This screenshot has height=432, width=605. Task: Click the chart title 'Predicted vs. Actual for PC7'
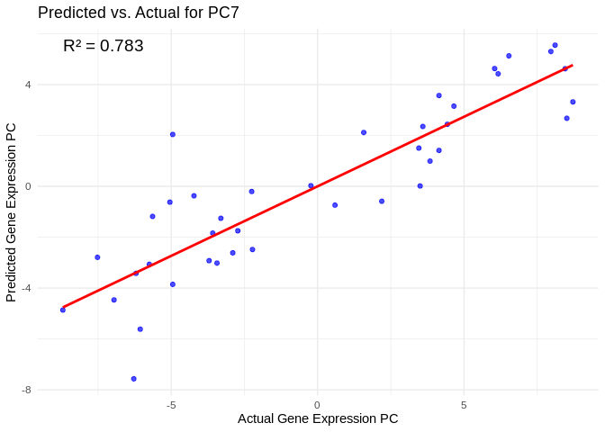pos(139,13)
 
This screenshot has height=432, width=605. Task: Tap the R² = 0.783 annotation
pos(104,46)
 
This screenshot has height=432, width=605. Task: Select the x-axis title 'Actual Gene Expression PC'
pos(318,418)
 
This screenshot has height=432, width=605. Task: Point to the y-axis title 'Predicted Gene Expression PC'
pos(12,212)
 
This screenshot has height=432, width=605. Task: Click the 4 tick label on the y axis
pos(28,85)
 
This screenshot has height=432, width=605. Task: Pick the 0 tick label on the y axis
pos(28,186)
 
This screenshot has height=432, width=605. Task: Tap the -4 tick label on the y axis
pos(26,288)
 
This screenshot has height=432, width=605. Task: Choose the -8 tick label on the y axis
pos(26,390)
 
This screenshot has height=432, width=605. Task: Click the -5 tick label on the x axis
pos(170,405)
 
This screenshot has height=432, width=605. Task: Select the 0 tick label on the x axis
pos(317,405)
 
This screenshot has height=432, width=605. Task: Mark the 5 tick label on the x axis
pos(464,405)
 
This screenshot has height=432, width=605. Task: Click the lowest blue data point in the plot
pos(133,379)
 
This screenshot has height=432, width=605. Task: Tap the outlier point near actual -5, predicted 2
pos(173,134)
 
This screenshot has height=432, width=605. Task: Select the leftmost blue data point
pos(63,310)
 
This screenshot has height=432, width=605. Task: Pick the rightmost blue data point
pos(573,102)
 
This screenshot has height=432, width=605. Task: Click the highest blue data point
pos(555,45)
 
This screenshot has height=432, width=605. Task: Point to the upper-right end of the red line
pos(572,66)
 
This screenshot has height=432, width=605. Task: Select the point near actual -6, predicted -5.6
pos(140,329)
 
